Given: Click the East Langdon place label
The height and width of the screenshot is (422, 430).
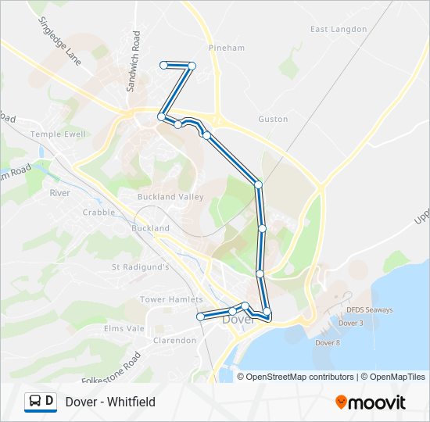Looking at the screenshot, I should click(338, 29).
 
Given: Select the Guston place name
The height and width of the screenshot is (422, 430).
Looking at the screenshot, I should click(273, 119).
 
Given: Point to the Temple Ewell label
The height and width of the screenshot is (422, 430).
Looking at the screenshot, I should click(58, 134).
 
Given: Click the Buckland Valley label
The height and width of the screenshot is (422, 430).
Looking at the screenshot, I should click(170, 197).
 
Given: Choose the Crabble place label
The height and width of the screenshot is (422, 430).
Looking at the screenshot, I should click(99, 212).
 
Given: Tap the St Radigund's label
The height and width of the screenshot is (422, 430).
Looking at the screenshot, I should click(141, 266).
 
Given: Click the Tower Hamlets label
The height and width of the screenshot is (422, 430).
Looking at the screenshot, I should click(171, 299).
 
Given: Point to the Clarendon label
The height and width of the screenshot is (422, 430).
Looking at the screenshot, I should click(174, 341).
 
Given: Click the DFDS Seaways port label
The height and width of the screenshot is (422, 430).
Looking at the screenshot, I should click(370, 309).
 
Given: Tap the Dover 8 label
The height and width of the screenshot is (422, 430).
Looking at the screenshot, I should click(327, 343).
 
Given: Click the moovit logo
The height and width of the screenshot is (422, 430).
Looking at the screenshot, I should click(371, 402).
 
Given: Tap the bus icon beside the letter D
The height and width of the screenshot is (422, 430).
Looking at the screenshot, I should click(35, 402).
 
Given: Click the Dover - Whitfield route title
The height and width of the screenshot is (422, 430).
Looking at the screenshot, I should click(110, 402).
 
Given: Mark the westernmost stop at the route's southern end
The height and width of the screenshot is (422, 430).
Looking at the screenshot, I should click(200, 316).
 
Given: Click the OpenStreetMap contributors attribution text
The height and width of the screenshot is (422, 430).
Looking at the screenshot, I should click(299, 377).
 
